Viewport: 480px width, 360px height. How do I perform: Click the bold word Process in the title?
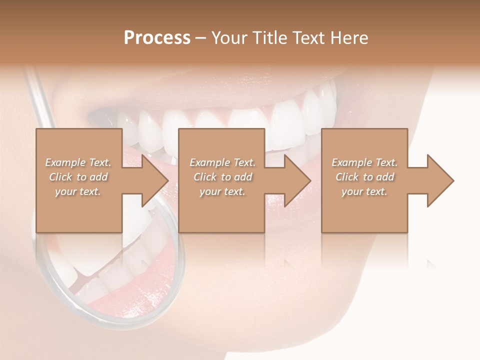(x=157, y=38)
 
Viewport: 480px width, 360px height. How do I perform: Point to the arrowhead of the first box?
(x=153, y=180)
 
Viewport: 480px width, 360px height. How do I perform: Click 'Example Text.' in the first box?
(x=78, y=162)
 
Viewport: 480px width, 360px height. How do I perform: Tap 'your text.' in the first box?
(x=78, y=191)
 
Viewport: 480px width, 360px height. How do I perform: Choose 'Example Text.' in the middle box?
(x=222, y=162)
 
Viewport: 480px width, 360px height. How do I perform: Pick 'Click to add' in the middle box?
(x=222, y=177)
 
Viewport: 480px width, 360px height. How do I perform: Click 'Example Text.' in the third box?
(x=364, y=162)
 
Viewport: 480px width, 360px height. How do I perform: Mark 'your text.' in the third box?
(x=364, y=191)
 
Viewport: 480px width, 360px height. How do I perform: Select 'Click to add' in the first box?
(x=78, y=177)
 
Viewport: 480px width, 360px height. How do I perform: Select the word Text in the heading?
(x=306, y=38)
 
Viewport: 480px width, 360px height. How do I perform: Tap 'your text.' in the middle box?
(x=222, y=191)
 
